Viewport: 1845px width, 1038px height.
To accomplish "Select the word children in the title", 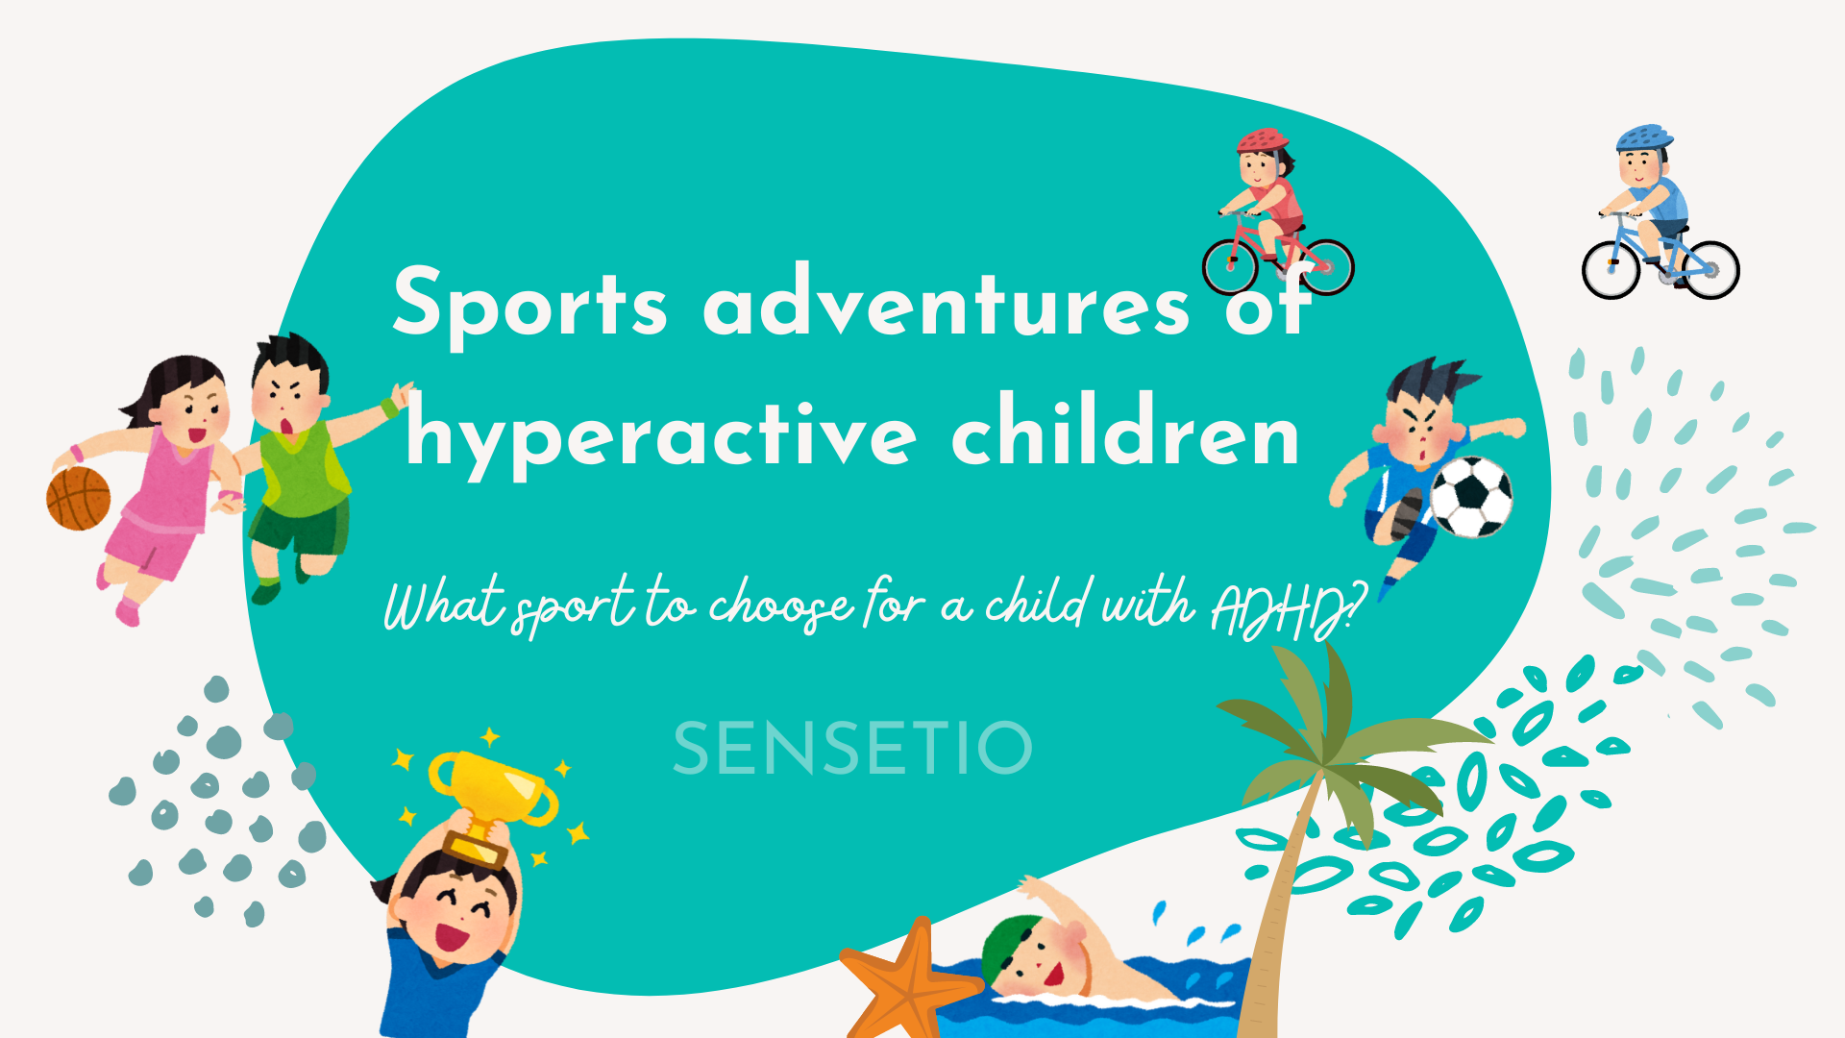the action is click(x=1125, y=431).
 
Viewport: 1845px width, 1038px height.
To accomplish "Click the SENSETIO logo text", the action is click(x=852, y=749).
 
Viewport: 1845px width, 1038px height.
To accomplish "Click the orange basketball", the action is click(x=79, y=498).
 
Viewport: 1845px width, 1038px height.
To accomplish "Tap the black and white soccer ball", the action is click(x=1470, y=496).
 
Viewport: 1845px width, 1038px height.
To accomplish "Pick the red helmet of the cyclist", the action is click(x=1263, y=141).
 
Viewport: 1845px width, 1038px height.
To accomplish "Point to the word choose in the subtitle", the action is click(x=780, y=605).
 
